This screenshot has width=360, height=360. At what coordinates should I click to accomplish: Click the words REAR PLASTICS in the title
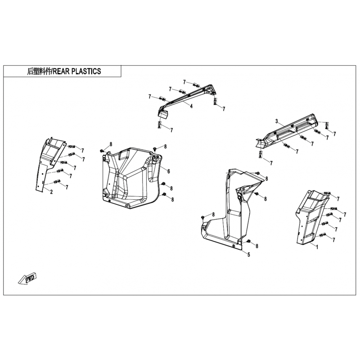click(x=76, y=71)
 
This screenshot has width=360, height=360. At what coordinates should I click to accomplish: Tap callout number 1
click(x=317, y=247)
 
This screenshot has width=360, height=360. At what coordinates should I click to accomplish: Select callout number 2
click(x=51, y=192)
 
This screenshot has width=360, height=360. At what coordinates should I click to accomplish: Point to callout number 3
click(x=277, y=121)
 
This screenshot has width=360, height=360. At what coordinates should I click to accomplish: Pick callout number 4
click(x=191, y=106)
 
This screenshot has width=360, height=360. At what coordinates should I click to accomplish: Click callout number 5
click(x=249, y=254)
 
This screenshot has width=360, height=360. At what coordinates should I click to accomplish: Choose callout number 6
click(x=168, y=171)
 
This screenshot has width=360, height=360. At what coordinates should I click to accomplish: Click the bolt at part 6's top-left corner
click(x=102, y=151)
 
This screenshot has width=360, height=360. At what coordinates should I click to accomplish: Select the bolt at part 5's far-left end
click(x=202, y=217)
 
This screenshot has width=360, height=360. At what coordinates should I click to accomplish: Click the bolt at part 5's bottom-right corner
click(x=248, y=241)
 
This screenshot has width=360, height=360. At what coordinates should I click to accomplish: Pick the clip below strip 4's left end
click(x=159, y=125)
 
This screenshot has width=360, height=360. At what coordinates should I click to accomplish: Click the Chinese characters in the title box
click(x=40, y=72)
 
